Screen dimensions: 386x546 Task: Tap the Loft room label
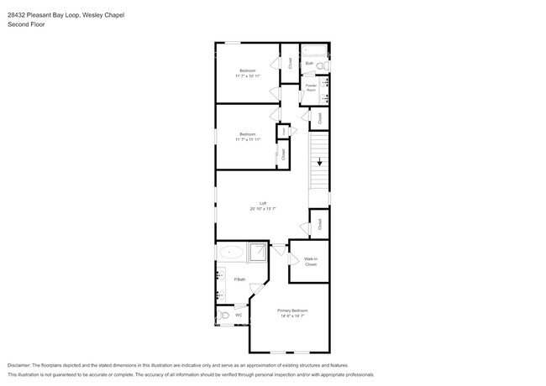click(263, 203)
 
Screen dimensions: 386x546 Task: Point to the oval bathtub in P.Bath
click(231, 251)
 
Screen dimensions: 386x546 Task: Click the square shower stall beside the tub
click(259, 250)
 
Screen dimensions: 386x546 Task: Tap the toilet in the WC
click(223, 316)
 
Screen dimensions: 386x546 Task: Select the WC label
click(239, 316)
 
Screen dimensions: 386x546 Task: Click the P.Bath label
click(239, 279)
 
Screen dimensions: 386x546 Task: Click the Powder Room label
click(311, 86)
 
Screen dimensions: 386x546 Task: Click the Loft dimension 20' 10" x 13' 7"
click(263, 209)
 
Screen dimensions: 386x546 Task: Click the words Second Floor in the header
click(26, 24)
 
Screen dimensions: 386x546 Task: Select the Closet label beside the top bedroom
click(290, 62)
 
